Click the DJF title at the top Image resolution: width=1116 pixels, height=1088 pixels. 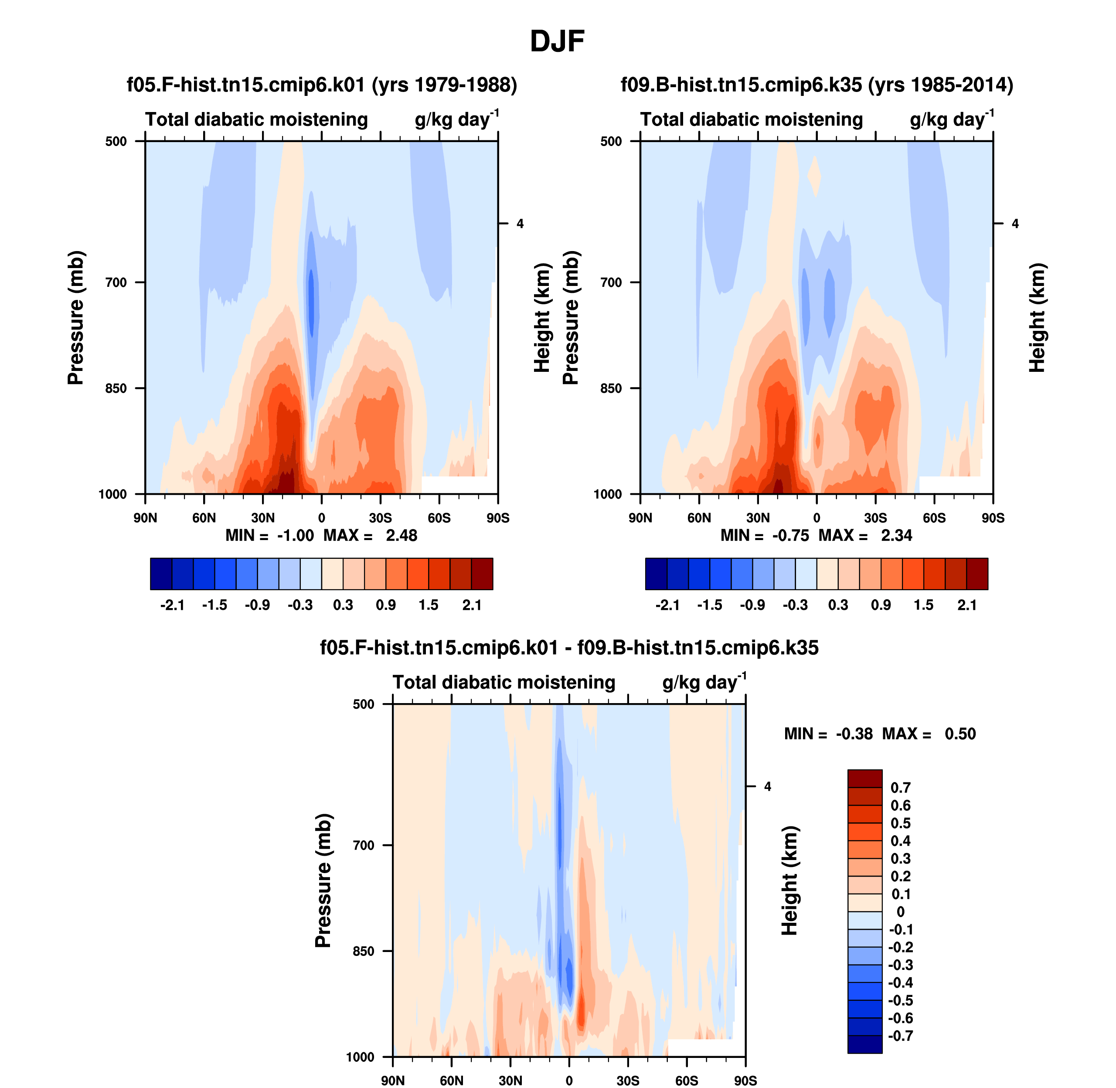557,41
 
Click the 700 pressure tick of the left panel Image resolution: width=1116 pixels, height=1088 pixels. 116,282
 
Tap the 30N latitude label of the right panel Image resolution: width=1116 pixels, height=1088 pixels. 758,518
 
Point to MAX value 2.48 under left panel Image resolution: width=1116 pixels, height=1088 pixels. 401,535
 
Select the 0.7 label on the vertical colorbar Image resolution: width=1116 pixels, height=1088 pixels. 901,788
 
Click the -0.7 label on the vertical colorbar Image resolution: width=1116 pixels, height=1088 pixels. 901,1036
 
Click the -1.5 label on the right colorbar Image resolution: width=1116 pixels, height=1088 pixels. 710,605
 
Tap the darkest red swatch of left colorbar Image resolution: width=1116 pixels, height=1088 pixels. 482,574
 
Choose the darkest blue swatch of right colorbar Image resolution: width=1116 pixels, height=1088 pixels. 656,574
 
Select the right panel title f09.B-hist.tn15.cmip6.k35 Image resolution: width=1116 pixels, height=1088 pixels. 817,85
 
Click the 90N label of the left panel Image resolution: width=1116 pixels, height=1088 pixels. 145,518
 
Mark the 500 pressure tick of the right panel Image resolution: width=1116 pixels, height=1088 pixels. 611,141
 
